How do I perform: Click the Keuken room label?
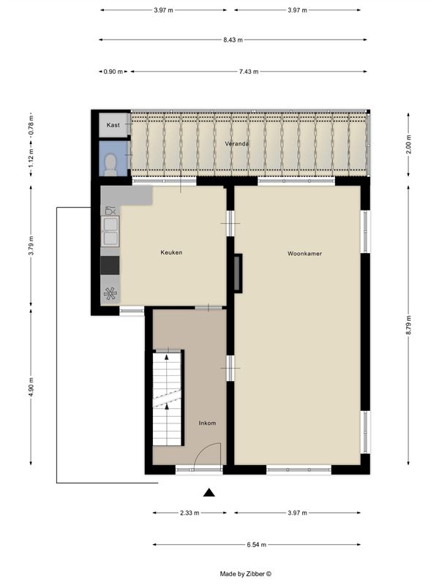coord(171,252)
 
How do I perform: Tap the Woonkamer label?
coord(304,254)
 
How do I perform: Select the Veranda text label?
coord(236,143)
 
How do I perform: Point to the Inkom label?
coord(207,423)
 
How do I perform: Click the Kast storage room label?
coord(113,125)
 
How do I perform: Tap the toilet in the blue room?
coord(110,165)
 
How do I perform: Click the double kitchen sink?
coord(110,231)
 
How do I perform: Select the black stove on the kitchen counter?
coord(110,265)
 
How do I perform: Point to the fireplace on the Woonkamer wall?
coord(238,273)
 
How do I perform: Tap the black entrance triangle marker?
coord(209,493)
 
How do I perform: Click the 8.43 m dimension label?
coord(233,40)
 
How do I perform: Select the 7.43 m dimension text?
coord(249,72)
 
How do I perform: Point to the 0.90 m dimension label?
coord(113,72)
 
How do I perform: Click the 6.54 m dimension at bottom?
coord(257,545)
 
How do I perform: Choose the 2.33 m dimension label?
coord(190,513)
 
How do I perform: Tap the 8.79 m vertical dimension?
coord(408,325)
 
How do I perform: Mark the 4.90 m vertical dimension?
coord(31,388)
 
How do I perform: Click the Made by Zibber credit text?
coord(246,574)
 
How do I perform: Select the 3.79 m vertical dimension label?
coord(31,246)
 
